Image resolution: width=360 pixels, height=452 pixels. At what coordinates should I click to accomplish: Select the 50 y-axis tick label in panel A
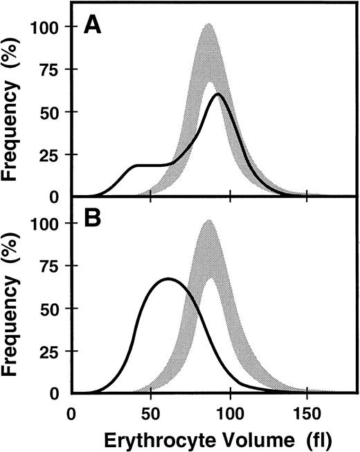pyautogui.click(x=52, y=112)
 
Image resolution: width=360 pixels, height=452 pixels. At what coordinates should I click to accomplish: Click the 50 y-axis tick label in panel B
pyautogui.click(x=52, y=309)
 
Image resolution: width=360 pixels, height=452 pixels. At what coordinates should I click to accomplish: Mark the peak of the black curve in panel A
pyautogui.click(x=217, y=94)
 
